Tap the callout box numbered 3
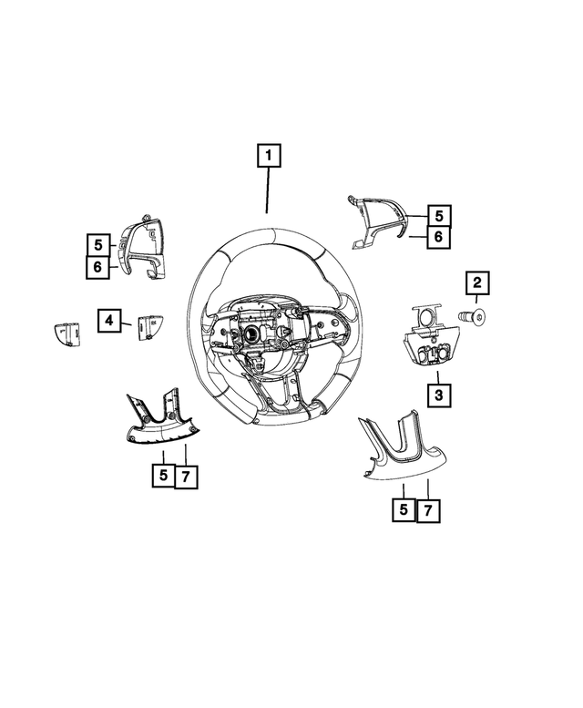tap(438, 395)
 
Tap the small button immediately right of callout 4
tap(148, 326)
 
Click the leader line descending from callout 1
tap(268, 191)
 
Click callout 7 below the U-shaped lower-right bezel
tap(428, 511)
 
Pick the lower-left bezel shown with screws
tap(159, 420)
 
